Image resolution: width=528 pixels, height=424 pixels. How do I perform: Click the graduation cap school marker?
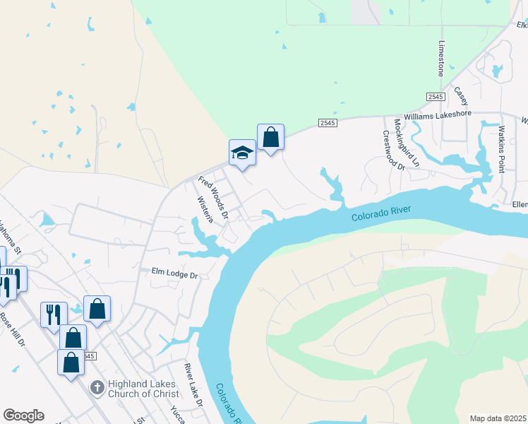pos(242,153)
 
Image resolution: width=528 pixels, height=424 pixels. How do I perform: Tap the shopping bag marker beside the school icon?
pos(270,138)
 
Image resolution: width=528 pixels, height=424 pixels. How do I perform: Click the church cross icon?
pos(97,388)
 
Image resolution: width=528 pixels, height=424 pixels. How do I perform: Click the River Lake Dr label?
pos(193,385)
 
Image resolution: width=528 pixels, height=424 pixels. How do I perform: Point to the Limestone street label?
pos(441,59)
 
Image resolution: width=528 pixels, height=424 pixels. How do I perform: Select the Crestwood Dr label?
pos(393,150)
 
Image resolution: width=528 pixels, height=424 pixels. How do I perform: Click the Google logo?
pos(23,416)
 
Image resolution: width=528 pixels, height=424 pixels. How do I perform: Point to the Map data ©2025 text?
pos(498,418)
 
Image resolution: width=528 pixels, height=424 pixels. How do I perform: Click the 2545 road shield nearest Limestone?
pos(434,96)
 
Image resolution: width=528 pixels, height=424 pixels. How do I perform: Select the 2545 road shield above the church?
pos(88,355)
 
